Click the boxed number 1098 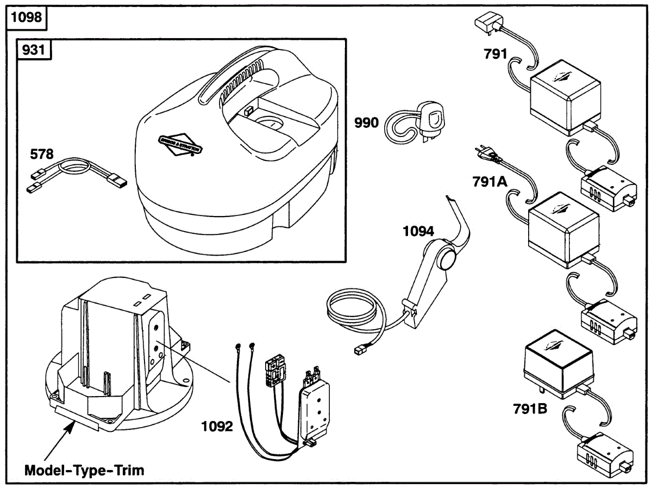[x=27, y=17]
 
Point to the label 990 [x=366, y=123]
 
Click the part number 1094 [x=418, y=232]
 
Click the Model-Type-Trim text [x=85, y=470]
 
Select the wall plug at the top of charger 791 [x=487, y=24]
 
